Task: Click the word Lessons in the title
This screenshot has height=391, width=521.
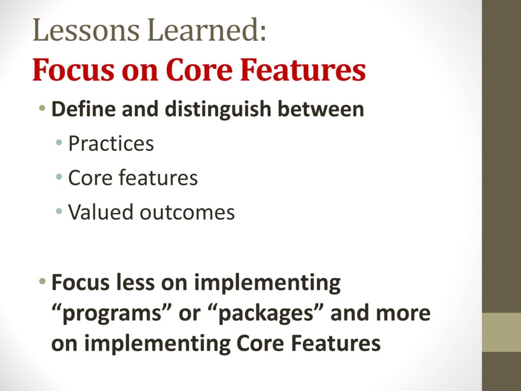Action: pyautogui.click(x=85, y=30)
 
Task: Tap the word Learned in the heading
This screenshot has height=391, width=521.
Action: pyautogui.click(x=206, y=30)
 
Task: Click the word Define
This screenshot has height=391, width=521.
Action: pyautogui.click(x=84, y=109)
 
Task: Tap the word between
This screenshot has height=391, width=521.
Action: pyautogui.click(x=321, y=109)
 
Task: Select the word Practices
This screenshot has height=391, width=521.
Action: pyautogui.click(x=111, y=144)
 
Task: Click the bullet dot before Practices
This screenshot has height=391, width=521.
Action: pyautogui.click(x=59, y=143)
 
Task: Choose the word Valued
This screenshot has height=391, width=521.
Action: pyautogui.click(x=101, y=212)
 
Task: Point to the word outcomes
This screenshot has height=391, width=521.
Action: pyautogui.click(x=187, y=213)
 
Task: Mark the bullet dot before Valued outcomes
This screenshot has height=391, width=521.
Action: pyautogui.click(x=59, y=211)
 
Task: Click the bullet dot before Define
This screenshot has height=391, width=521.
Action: pyautogui.click(x=42, y=107)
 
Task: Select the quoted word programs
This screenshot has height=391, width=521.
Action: pyautogui.click(x=111, y=314)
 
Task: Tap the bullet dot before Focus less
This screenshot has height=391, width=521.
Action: pyautogui.click(x=42, y=282)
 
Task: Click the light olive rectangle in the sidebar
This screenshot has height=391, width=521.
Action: pyautogui.click(x=501, y=332)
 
